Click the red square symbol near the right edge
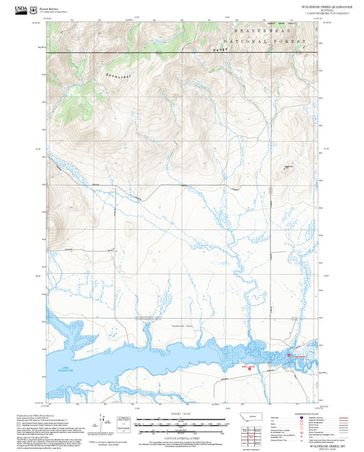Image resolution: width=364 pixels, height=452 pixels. pos(290,355)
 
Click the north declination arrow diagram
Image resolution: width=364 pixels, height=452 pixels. pos(102,423)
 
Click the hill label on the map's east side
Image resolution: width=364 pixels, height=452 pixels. pos(289,167)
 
